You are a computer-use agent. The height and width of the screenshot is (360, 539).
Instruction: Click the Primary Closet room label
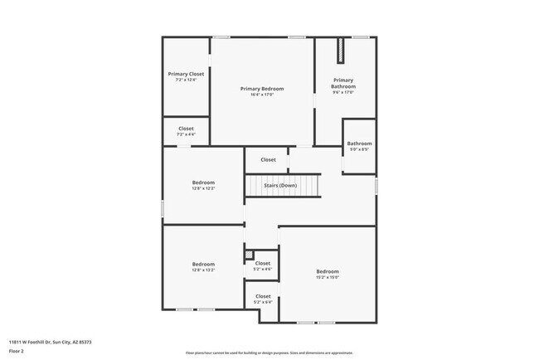pos(186,74)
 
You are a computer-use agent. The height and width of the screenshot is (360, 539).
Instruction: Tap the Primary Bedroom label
pos(262,89)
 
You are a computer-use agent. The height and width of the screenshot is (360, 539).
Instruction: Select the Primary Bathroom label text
pos(343,83)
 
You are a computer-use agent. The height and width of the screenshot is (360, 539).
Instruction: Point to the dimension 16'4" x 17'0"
pos(262,95)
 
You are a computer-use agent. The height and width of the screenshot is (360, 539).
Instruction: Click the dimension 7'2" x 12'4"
pos(186,80)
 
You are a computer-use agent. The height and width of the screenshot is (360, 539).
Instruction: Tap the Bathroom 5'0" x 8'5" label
pos(359,146)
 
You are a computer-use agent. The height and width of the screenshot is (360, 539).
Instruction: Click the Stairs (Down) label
pos(280,185)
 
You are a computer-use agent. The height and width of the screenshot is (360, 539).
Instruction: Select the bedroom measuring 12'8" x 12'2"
pos(203,185)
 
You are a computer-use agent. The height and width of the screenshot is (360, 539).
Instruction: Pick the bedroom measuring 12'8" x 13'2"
pos(203,266)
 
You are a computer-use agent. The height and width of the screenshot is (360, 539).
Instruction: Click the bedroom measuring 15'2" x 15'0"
pos(328,274)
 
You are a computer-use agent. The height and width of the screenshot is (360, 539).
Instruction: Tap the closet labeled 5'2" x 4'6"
pos(263,265)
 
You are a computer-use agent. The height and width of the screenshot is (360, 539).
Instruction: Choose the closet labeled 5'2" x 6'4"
pos(263,299)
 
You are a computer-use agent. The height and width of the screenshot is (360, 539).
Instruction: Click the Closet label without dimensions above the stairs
pos(268,159)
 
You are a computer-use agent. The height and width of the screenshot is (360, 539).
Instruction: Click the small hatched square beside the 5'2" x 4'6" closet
pos(249,255)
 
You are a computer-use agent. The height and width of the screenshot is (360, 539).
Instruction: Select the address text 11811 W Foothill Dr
pos(51,342)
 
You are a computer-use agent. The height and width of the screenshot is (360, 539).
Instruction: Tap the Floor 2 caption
pos(17,352)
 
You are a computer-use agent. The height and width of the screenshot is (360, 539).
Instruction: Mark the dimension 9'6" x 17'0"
pos(343,92)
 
